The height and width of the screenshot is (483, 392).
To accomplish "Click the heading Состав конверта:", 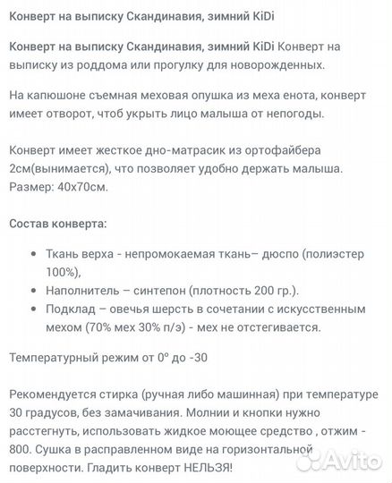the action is [57, 223].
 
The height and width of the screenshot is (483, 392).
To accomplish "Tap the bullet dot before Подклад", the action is [33, 309].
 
